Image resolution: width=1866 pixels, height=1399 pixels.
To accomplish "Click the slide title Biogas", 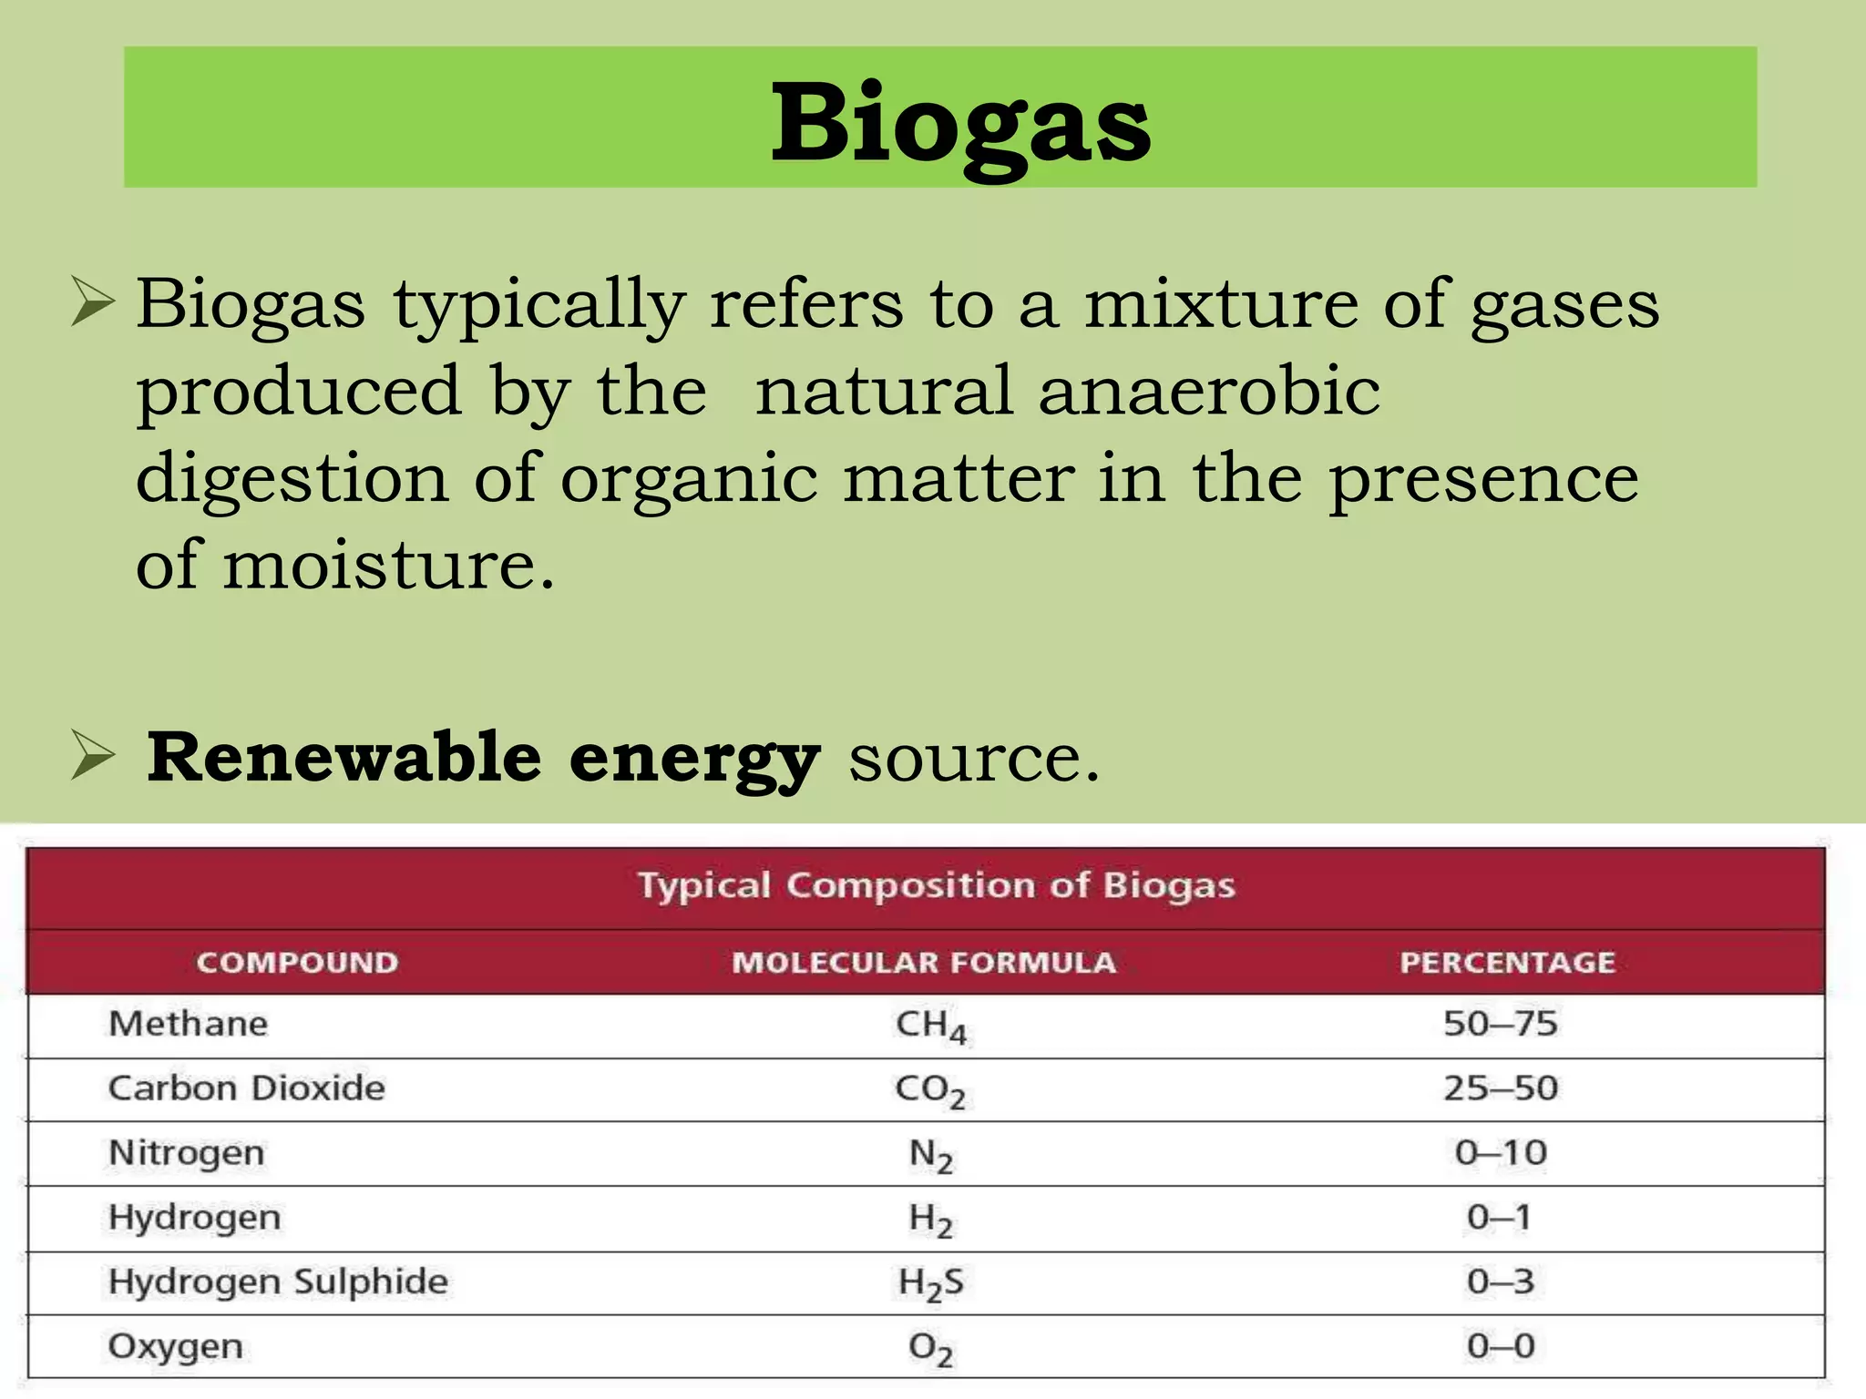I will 960,123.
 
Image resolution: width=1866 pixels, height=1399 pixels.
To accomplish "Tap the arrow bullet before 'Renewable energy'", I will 93,757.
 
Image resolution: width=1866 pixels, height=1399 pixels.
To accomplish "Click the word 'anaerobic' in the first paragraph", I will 1208,391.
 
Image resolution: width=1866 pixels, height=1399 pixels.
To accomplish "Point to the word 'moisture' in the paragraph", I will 388,566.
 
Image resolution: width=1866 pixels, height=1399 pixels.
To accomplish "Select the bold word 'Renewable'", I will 344,757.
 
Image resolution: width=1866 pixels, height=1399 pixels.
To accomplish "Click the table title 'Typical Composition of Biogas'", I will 936,885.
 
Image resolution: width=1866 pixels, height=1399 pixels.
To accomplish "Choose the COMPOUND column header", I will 297,963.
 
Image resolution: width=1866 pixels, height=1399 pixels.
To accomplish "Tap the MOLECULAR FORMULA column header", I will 924,963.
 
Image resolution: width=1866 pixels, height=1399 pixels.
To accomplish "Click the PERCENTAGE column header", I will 1507,963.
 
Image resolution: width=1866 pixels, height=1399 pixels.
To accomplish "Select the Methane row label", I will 189,1025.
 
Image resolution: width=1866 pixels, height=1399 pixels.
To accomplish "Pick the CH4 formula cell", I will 930,1026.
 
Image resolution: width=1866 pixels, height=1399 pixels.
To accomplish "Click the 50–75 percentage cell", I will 1500,1025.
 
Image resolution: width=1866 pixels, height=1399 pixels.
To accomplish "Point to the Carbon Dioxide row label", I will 247,1088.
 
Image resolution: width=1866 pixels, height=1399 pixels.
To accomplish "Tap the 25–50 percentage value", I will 1500,1088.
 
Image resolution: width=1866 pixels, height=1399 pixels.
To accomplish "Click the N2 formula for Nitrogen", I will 930,1155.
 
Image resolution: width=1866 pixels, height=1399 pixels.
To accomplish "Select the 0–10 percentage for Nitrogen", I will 1500,1153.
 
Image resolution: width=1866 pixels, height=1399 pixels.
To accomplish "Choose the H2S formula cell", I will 930,1283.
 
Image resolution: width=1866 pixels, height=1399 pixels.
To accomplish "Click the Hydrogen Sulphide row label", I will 278,1282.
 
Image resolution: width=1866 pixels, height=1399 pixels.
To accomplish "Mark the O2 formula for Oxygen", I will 930,1348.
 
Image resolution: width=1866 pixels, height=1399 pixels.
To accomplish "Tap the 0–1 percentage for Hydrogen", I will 1500,1218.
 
